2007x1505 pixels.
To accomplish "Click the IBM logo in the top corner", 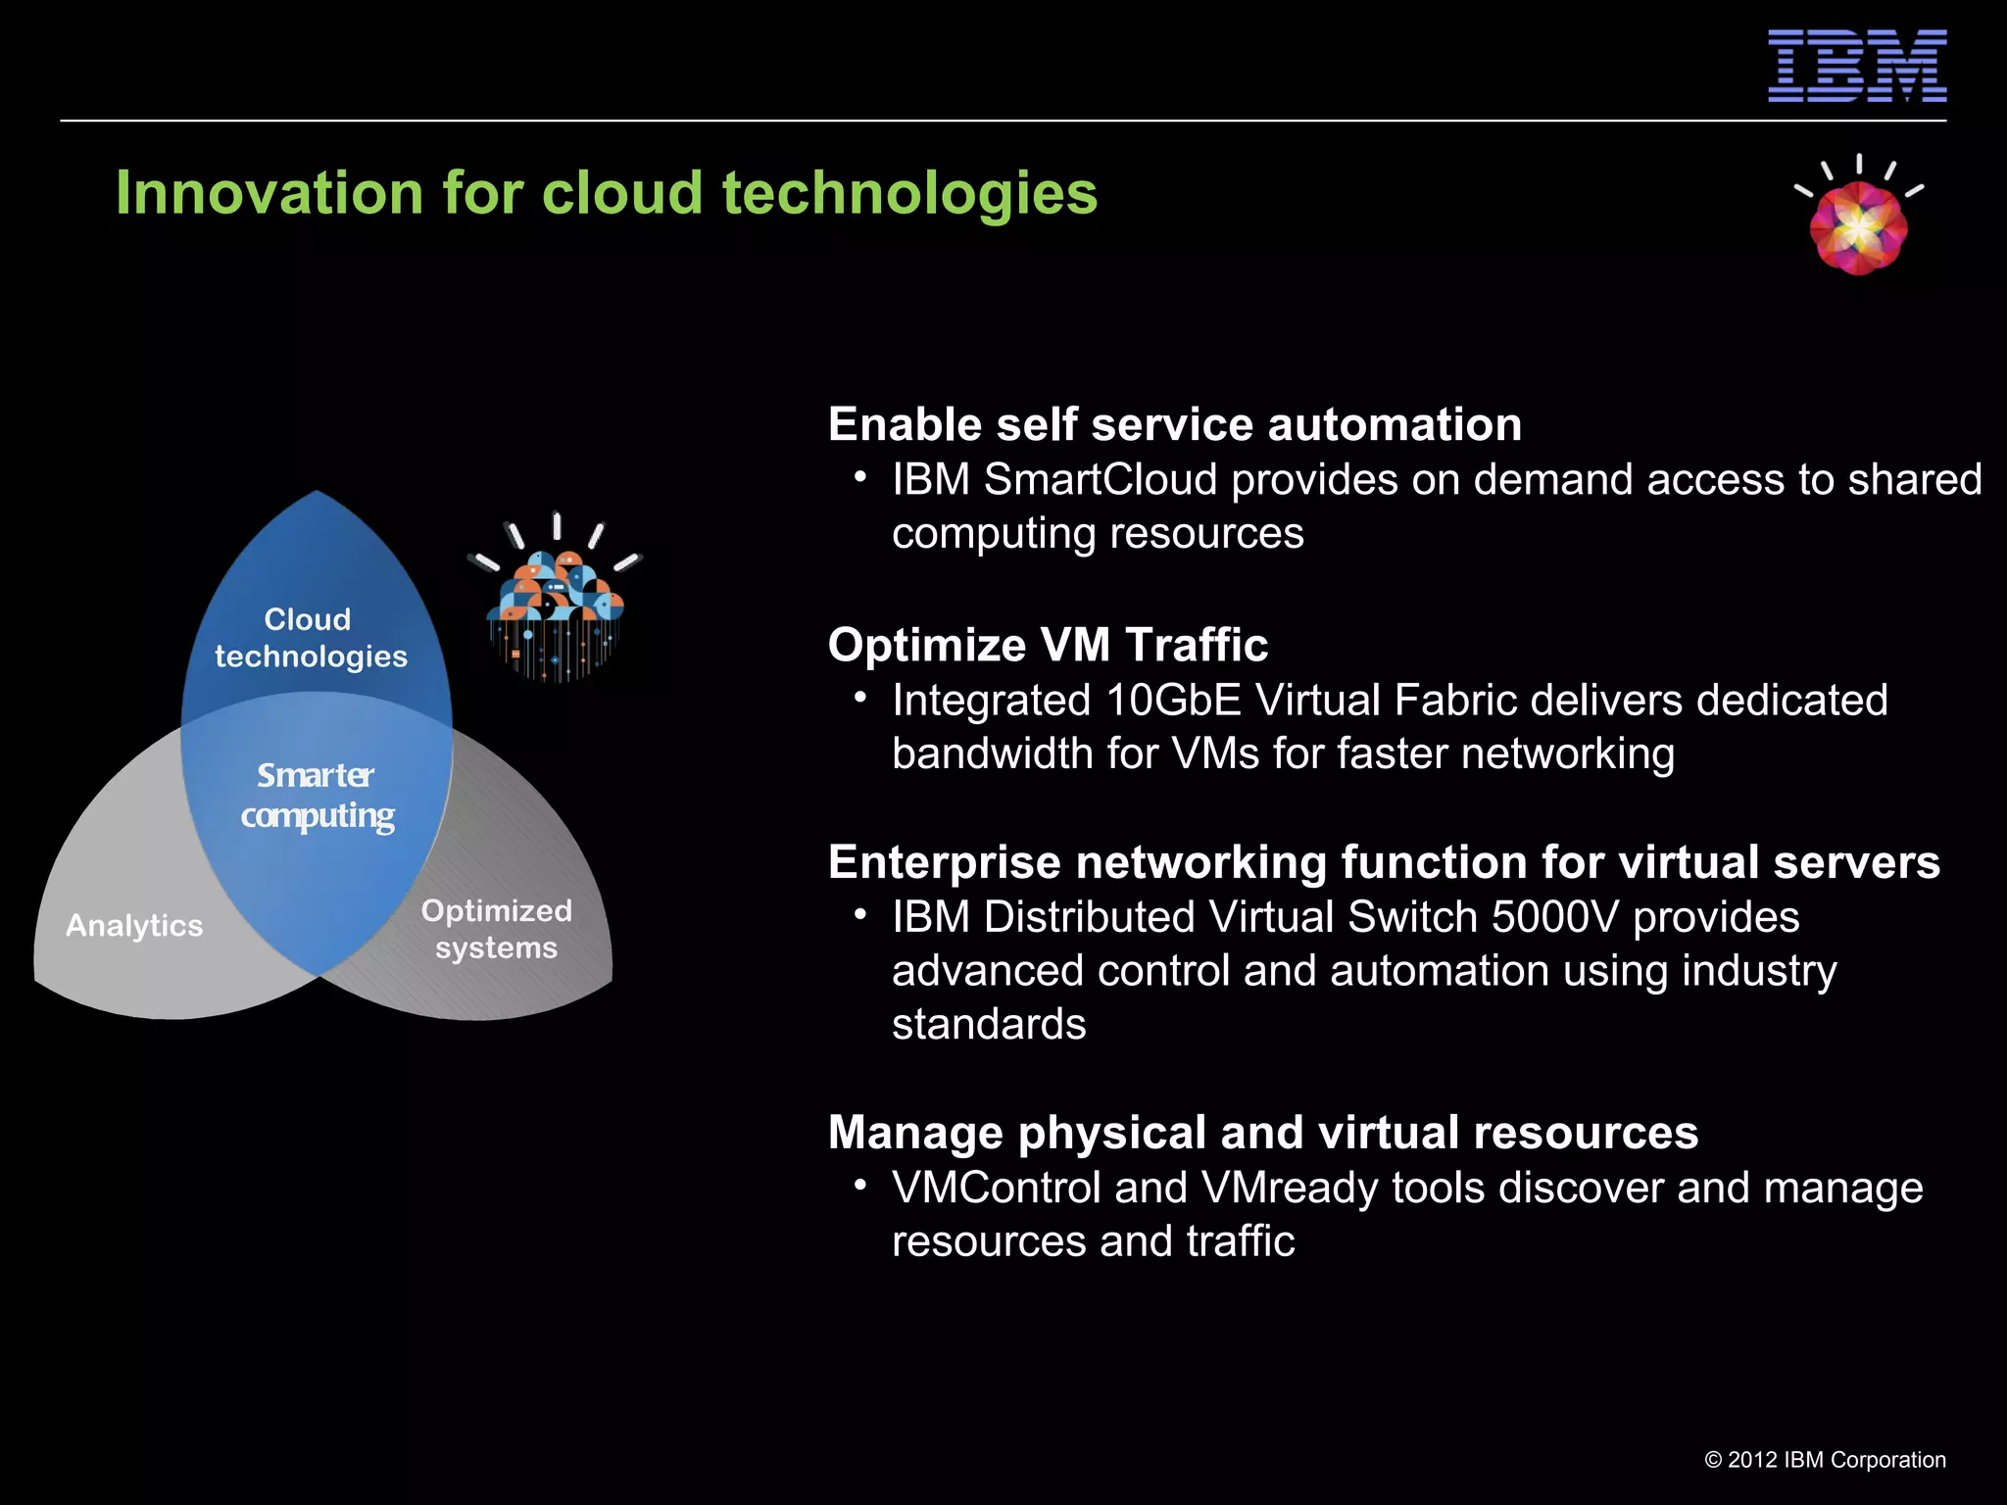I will coord(1856,66).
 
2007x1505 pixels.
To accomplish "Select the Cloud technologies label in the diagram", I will coord(310,638).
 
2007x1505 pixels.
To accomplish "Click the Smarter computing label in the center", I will coord(317,796).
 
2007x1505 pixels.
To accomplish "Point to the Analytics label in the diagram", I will coord(134,926).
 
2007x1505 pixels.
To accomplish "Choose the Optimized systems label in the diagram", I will coord(497,929).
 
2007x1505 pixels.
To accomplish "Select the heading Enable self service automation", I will coord(1174,424).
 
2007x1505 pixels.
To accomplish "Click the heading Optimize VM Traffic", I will coord(1047,645).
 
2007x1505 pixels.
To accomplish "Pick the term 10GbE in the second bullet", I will coord(1172,701).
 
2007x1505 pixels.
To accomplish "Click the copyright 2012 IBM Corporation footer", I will coord(1825,1460).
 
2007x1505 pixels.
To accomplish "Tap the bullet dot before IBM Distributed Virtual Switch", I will coord(860,914).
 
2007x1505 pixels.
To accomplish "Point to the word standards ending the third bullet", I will coord(988,1025).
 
